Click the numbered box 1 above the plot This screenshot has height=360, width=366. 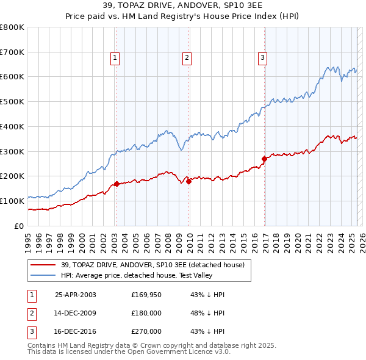[x=115, y=59]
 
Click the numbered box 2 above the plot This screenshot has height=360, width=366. [x=187, y=59]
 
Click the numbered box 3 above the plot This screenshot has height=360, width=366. [x=262, y=59]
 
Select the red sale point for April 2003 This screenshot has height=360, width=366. [x=117, y=183]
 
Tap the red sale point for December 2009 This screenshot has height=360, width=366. [x=189, y=181]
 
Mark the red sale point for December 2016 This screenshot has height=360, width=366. [x=264, y=159]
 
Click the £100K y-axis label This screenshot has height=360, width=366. [x=12, y=201]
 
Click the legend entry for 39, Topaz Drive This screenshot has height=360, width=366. [x=152, y=265]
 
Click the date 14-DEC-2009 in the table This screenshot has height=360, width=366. [x=75, y=313]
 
